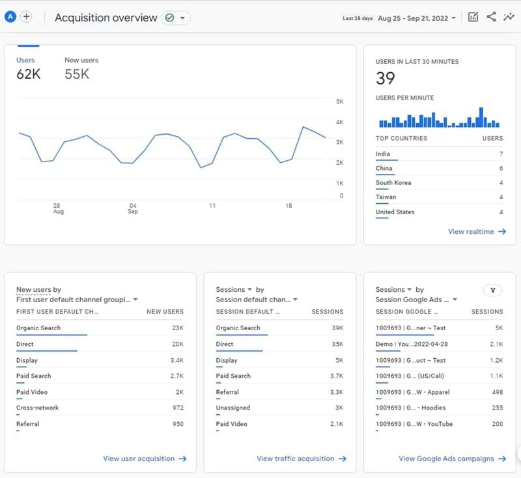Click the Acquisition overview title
click(x=106, y=18)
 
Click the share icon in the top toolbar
click(x=491, y=17)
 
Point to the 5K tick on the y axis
click(x=339, y=102)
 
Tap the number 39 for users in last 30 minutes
click(x=386, y=79)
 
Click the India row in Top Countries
click(x=384, y=154)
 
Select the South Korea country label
click(x=393, y=183)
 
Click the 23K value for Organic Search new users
click(x=178, y=328)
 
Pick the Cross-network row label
click(x=37, y=408)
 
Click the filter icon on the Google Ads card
click(x=493, y=290)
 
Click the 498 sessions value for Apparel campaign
click(x=498, y=392)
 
